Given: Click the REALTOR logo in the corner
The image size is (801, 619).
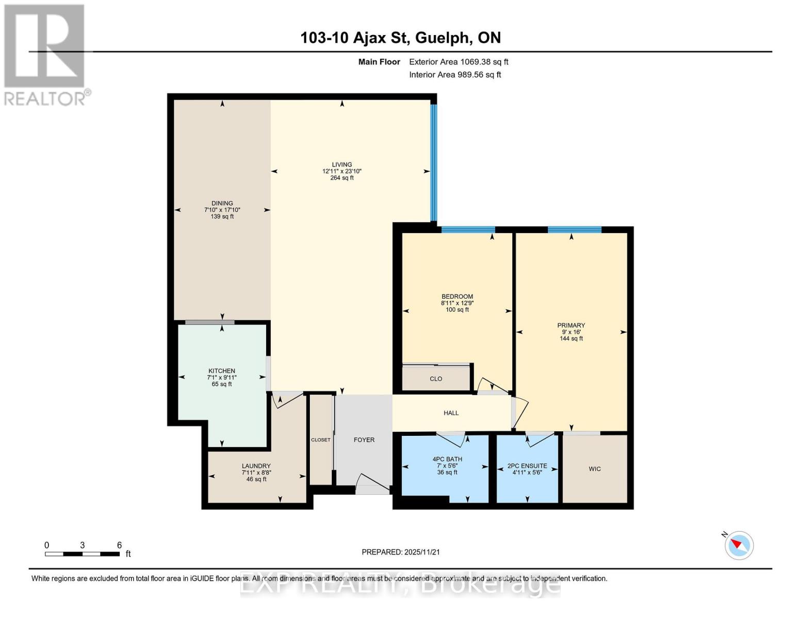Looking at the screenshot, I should (45, 54).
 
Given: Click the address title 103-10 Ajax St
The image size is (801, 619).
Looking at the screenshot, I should (400, 38).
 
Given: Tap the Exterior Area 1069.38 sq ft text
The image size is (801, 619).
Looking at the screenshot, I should (459, 62).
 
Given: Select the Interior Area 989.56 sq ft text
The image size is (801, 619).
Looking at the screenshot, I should (455, 75).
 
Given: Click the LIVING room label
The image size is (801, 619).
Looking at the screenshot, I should (342, 165).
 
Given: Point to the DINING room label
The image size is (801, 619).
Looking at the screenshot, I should (222, 203).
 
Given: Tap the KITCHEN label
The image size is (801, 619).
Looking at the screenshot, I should (222, 371).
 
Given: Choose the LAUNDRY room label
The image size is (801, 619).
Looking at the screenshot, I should (256, 466).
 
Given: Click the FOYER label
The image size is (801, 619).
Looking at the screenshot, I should (364, 440).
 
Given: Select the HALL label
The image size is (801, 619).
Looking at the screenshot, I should (451, 413).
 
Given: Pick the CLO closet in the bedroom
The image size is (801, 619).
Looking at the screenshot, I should (436, 379).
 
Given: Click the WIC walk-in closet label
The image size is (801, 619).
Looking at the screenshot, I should (595, 469).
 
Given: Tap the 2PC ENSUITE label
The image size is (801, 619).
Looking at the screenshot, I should (527, 466).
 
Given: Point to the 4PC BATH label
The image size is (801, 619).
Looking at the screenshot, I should (447, 459).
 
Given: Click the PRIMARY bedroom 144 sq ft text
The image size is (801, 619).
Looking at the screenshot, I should (571, 339).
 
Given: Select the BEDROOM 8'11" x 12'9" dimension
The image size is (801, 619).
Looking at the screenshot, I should (457, 303).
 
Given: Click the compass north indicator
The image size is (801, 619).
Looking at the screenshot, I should (739, 545).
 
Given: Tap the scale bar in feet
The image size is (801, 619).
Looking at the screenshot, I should (83, 554).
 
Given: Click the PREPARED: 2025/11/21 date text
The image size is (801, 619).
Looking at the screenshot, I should (401, 552).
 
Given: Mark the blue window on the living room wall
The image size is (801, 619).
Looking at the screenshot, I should (434, 162).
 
